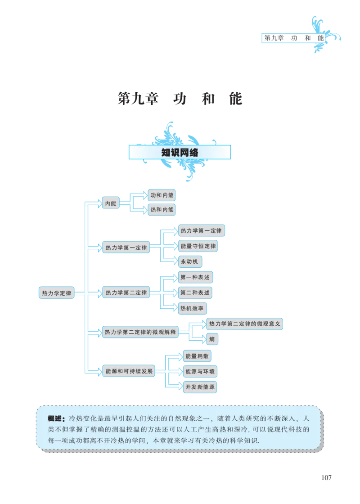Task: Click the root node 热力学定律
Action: (x=56, y=293)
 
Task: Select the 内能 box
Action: (x=110, y=203)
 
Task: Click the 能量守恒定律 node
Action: (x=198, y=246)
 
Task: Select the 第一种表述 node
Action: (x=195, y=277)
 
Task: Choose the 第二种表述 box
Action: (x=195, y=292)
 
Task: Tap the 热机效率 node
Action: (x=193, y=309)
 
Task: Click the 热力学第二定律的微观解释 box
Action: (x=140, y=333)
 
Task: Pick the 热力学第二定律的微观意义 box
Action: (x=245, y=324)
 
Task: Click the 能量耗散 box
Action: (x=197, y=356)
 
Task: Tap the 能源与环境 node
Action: (x=201, y=371)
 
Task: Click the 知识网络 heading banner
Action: (x=180, y=152)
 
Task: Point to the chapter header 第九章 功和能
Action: (x=293, y=38)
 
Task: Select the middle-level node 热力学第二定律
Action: (x=126, y=293)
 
